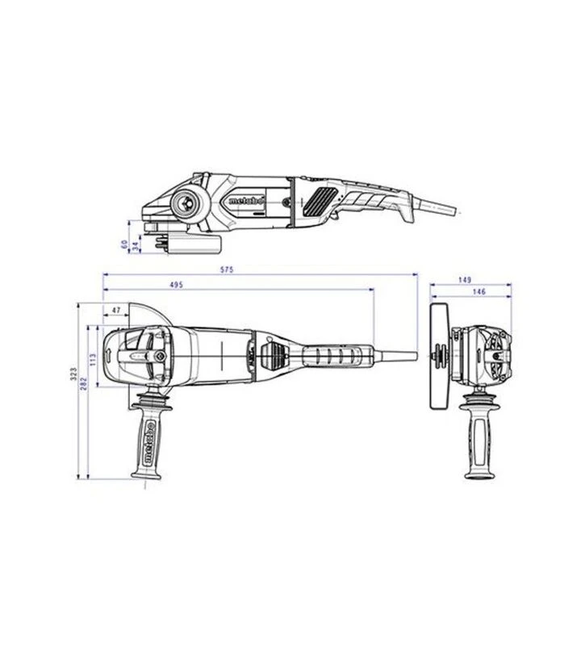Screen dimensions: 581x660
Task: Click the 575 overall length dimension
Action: pyautogui.click(x=227, y=269)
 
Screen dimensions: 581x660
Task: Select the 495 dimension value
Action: pyautogui.click(x=177, y=285)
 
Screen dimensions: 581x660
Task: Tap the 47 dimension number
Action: pyautogui.click(x=116, y=310)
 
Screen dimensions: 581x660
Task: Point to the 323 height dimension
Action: pyautogui.click(x=73, y=373)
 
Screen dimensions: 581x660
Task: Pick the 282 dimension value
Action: pyautogui.click(x=83, y=384)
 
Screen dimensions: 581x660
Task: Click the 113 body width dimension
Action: pyautogui.click(x=93, y=358)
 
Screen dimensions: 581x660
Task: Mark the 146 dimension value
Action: pyautogui.click(x=479, y=291)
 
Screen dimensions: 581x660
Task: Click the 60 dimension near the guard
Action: pyautogui.click(x=124, y=244)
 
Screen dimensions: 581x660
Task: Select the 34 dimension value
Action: pyautogui.click(x=135, y=246)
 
